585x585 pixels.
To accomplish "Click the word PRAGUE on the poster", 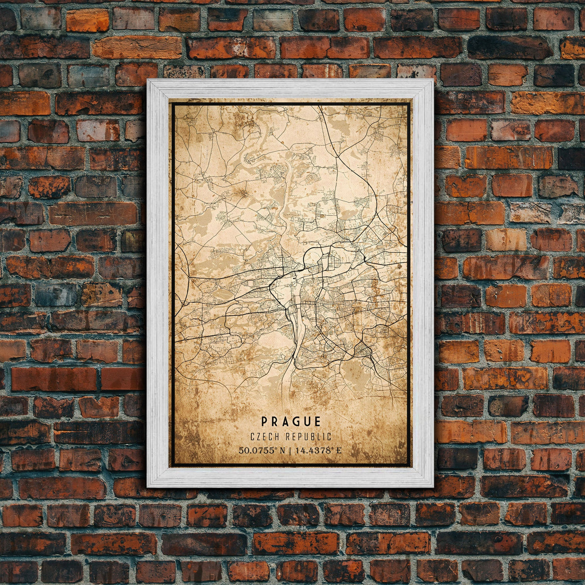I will pyautogui.click(x=291, y=422).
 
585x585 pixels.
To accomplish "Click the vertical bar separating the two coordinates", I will pyautogui.click(x=292, y=451).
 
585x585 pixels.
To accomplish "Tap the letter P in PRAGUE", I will pyautogui.click(x=264, y=422).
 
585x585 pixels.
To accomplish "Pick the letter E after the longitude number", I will pyautogui.click(x=339, y=451).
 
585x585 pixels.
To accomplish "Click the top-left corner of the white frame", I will pyautogui.click(x=148, y=80).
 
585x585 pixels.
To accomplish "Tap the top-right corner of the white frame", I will pyautogui.click(x=432, y=80).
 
